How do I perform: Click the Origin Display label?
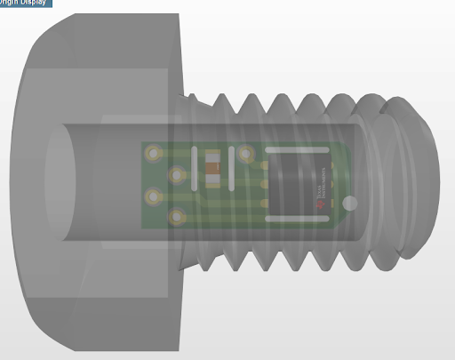26,3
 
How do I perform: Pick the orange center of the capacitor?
212,167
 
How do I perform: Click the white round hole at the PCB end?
350,204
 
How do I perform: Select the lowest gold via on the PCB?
179,216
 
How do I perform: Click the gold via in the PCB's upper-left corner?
155,154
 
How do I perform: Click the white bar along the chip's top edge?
302,150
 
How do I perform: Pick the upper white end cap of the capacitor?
212,154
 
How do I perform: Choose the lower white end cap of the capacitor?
212,180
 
